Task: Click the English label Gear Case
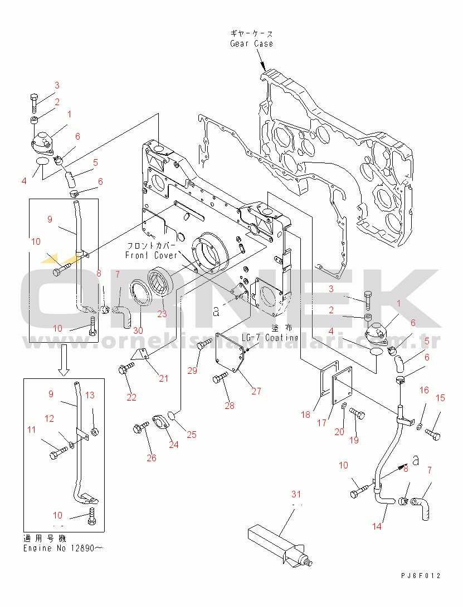[x=251, y=43]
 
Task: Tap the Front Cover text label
[x=150, y=255]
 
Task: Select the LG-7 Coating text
[x=270, y=338]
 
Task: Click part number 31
[x=295, y=494]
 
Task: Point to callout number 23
[x=162, y=314]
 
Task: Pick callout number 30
[x=138, y=330]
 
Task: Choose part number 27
[x=256, y=391]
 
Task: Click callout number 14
[x=377, y=526]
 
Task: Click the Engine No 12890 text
[x=62, y=548]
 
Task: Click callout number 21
[x=163, y=379]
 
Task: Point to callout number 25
[x=192, y=435]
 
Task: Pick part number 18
[x=305, y=414]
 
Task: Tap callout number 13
[x=90, y=396]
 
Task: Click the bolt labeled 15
[x=434, y=435]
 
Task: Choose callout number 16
[x=424, y=390]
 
